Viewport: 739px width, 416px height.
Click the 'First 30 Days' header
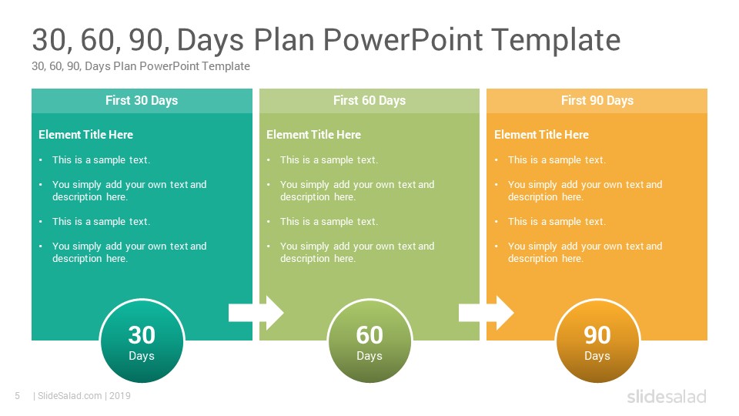[x=142, y=100]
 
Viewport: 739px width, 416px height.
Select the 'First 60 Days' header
[x=369, y=100]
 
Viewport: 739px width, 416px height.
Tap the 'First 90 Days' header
[x=597, y=100]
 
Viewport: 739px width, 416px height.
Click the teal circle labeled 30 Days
[x=142, y=341]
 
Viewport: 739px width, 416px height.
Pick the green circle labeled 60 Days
[x=369, y=341]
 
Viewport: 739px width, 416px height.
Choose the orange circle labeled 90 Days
[x=597, y=341]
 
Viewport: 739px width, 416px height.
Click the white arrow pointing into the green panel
[x=256, y=313]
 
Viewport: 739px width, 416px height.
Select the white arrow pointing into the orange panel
[x=486, y=313]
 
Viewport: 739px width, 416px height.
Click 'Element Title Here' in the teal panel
[x=85, y=135]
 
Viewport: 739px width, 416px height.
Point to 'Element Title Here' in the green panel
[x=313, y=135]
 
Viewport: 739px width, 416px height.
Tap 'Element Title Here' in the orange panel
[x=541, y=135]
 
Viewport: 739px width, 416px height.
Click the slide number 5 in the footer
[x=18, y=396]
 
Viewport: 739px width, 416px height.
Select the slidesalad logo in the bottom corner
[x=667, y=397]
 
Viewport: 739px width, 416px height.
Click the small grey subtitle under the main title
[x=140, y=66]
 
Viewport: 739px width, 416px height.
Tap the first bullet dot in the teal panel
[x=41, y=160]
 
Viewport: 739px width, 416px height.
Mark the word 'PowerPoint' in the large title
[x=403, y=39]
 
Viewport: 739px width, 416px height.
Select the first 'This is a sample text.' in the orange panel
[x=557, y=160]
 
